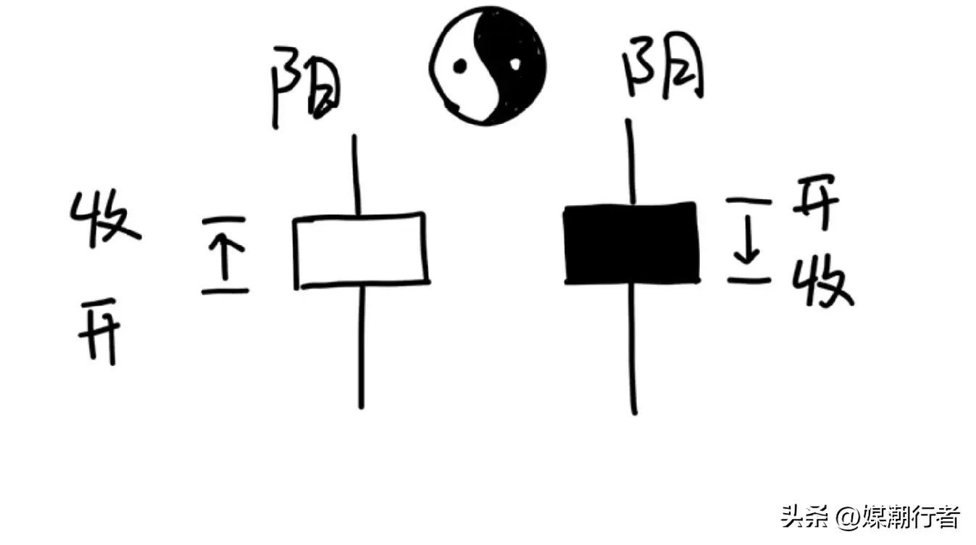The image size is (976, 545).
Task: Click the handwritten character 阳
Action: [x=306, y=87]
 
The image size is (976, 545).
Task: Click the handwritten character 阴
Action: [x=664, y=67]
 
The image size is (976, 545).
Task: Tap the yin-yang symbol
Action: [x=488, y=66]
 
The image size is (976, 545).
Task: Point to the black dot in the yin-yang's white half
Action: [x=460, y=67]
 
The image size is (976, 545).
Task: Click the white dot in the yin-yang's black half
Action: [x=515, y=65]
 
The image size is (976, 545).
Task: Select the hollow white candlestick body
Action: [x=362, y=251]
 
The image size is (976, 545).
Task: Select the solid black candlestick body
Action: [x=633, y=244]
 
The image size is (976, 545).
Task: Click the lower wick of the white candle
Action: [x=362, y=347]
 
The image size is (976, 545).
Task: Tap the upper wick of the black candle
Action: [x=630, y=162]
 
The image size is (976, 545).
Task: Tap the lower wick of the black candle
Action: [x=633, y=349]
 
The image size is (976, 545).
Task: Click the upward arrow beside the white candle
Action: [x=225, y=256]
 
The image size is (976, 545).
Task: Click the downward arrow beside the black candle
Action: [x=749, y=240]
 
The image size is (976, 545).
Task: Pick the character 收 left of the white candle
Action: [x=105, y=219]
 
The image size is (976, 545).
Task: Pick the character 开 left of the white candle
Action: [x=99, y=331]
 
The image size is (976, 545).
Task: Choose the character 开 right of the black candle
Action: [x=815, y=201]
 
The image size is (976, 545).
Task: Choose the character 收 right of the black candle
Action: [x=822, y=281]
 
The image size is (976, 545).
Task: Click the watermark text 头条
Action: [x=799, y=517]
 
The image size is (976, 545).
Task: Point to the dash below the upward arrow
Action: [x=225, y=291]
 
